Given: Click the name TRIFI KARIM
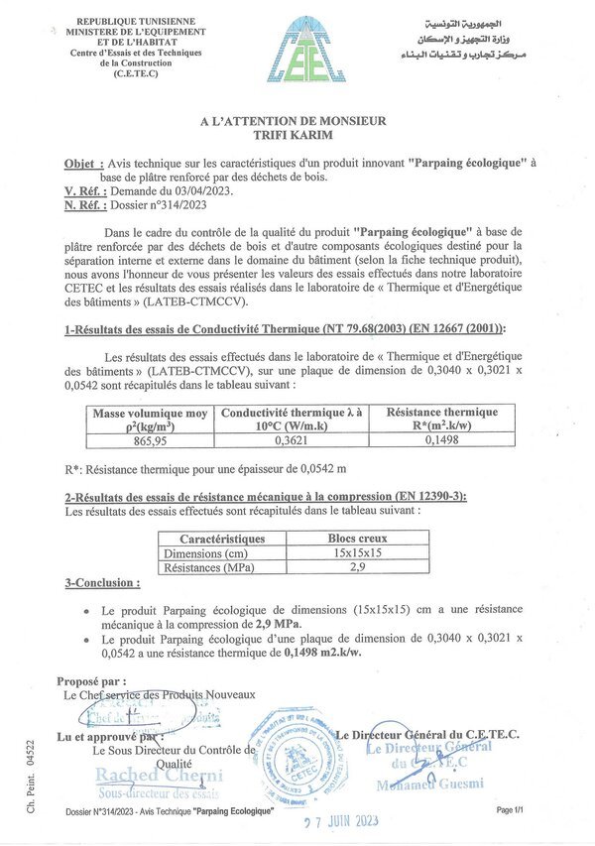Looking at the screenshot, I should pos(293,135).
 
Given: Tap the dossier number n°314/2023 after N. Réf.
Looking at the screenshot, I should pos(170,205).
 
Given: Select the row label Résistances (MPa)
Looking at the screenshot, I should pos(210,568).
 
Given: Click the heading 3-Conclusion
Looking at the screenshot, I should pos(102,583).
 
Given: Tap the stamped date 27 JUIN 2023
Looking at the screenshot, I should pos(342,820).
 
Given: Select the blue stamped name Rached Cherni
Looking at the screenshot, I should pos(159,776).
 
